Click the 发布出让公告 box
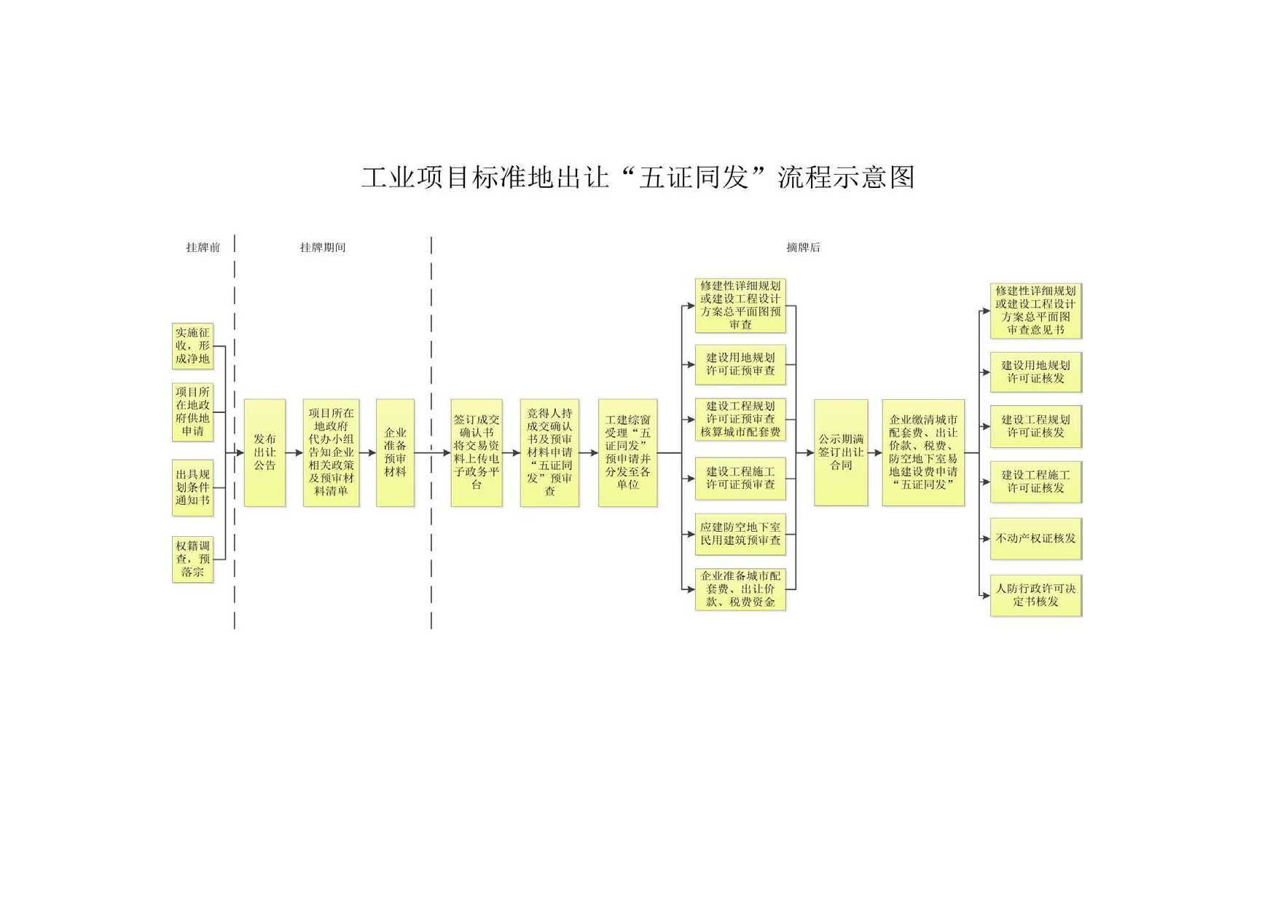point(264,452)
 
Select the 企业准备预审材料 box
point(395,452)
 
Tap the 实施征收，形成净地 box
point(192,346)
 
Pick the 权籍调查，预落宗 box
point(192,559)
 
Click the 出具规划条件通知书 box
point(192,487)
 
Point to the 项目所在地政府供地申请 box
point(192,412)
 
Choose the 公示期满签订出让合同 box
point(841,452)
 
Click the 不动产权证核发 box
point(1035,538)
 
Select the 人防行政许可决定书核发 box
point(1035,595)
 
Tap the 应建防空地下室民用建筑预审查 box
point(740,534)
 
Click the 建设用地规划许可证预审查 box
point(740,364)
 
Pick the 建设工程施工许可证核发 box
point(1035,482)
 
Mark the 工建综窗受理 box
point(627,452)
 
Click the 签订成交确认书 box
point(477,452)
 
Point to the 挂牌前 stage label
point(203,248)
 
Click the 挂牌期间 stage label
point(323,248)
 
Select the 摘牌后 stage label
point(803,248)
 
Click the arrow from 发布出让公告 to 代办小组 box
point(294,453)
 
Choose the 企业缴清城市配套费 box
point(923,452)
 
